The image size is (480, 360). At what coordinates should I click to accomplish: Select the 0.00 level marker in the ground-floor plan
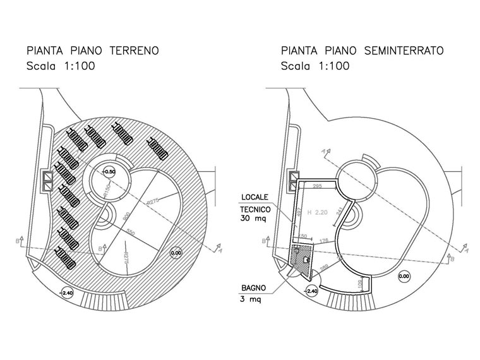tap(176, 253)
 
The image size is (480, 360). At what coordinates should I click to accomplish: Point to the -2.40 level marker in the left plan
tap(66, 292)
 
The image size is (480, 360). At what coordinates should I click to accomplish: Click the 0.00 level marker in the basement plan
tap(404, 276)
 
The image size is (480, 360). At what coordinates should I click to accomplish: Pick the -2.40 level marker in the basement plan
tap(311, 291)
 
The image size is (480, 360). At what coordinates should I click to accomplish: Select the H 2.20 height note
tap(318, 213)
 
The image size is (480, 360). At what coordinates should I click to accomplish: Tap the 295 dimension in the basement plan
tap(318, 186)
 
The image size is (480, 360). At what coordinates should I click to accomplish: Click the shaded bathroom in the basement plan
tap(302, 260)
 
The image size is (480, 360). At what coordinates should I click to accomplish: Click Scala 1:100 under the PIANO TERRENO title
tap(59, 66)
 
